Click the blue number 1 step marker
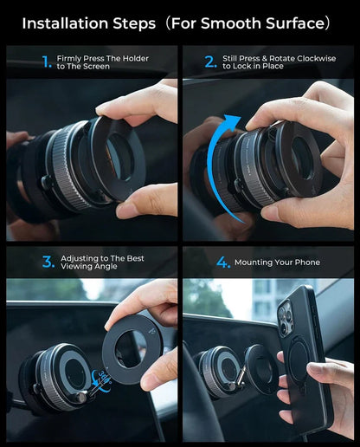pyautogui.click(x=47, y=62)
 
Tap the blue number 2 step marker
pyautogui.click(x=210, y=62)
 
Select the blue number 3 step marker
pyautogui.click(x=48, y=262)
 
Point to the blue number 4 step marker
pyautogui.click(x=223, y=262)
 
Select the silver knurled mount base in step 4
pyautogui.click(x=218, y=371)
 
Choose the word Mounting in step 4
pyautogui.click(x=260, y=262)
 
